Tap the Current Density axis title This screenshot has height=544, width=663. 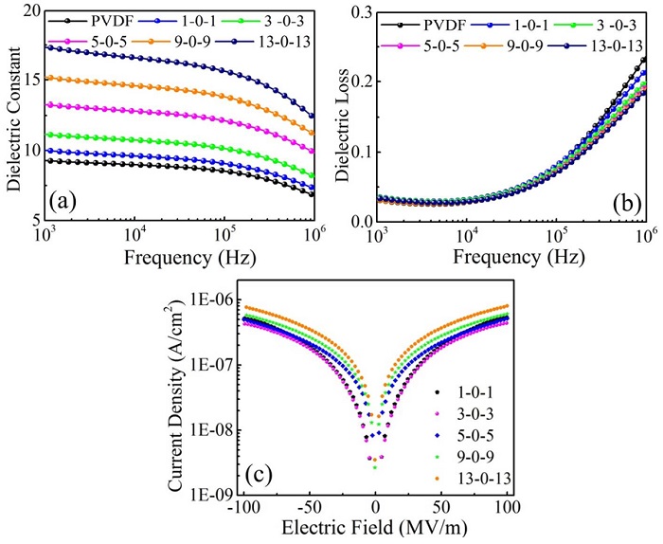click(x=178, y=388)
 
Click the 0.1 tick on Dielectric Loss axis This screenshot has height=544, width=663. click(x=361, y=152)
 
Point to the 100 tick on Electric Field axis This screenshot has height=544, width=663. click(x=508, y=509)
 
